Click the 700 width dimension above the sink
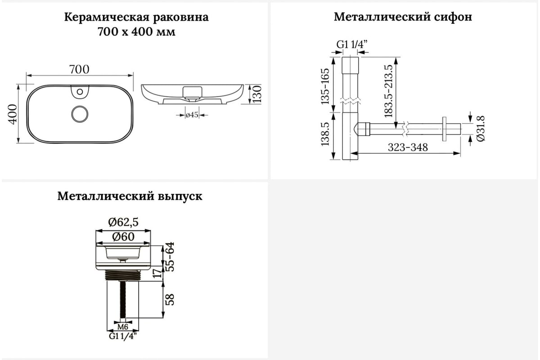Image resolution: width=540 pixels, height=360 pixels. [79, 69]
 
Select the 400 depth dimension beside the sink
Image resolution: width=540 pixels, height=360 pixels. [13, 114]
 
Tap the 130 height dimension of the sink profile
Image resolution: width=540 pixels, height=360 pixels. [257, 94]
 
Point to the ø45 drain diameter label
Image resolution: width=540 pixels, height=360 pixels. [192, 115]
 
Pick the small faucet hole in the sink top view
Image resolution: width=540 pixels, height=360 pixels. [80, 92]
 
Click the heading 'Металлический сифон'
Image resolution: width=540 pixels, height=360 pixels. [403, 18]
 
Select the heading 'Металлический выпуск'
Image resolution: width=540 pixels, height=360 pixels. [130, 196]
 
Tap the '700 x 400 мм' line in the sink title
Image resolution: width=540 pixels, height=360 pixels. [136, 31]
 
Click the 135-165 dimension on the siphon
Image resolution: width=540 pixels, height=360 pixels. [325, 86]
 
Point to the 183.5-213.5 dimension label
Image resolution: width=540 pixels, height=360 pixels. [388, 91]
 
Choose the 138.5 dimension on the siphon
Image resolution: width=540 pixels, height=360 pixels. [325, 134]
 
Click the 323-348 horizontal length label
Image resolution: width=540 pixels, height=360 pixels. [408, 147]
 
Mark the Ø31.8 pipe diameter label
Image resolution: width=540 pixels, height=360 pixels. [481, 128]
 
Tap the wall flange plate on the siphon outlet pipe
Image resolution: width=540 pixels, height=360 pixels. [444, 129]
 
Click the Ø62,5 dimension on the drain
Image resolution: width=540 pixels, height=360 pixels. [123, 222]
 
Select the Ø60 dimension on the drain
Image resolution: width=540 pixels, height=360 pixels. [123, 237]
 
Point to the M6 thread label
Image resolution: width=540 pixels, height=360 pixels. [123, 327]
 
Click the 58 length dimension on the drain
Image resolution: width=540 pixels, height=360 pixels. [170, 300]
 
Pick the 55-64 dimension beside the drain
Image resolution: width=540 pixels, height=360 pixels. [170, 256]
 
